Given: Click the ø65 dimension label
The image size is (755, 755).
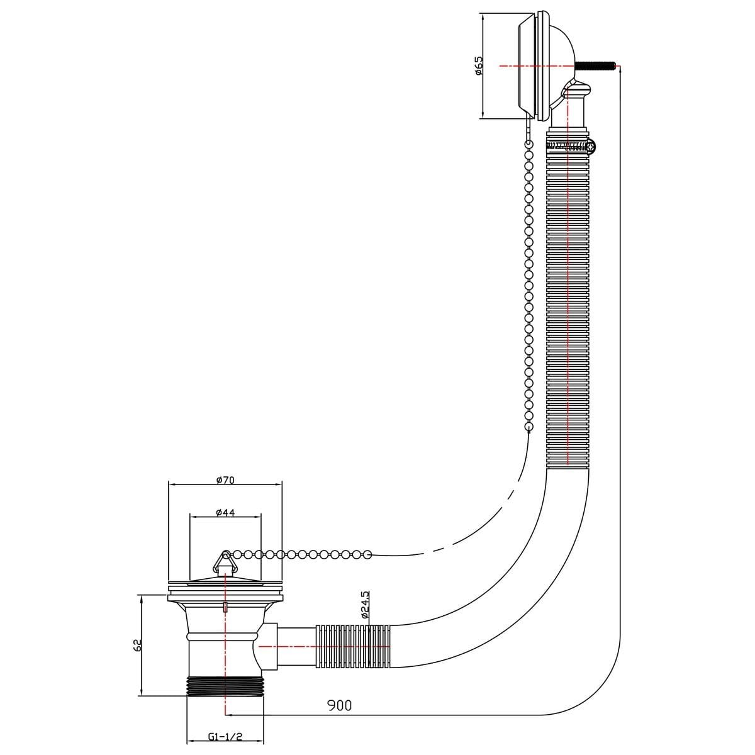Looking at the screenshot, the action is pyautogui.click(x=479, y=66).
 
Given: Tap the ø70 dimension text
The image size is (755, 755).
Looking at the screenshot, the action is pyautogui.click(x=225, y=480).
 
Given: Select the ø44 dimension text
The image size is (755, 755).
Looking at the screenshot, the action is pyautogui.click(x=225, y=512).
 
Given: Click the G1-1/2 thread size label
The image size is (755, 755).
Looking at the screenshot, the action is pyautogui.click(x=225, y=736).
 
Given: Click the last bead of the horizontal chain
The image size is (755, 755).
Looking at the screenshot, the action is pyautogui.click(x=367, y=554).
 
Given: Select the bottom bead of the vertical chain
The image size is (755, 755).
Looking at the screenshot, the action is pyautogui.click(x=528, y=427).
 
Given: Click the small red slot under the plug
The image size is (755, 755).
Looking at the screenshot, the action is pyautogui.click(x=225, y=607).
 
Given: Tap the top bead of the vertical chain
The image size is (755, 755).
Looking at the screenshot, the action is pyautogui.click(x=530, y=143).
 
